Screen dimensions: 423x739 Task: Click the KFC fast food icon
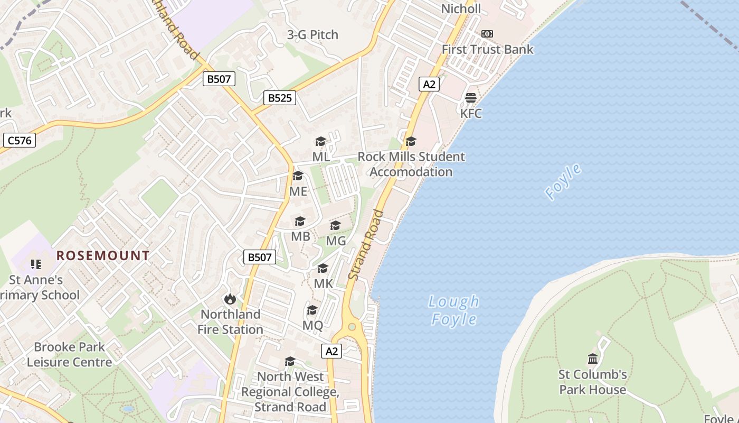[471, 98]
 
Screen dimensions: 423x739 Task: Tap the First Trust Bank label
[487, 50]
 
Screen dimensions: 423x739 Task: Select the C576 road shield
[20, 140]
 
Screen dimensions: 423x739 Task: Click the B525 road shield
[280, 98]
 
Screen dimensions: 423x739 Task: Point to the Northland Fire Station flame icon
[230, 299]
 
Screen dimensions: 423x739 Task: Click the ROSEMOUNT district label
[103, 256]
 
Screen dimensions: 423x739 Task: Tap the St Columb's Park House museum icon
[593, 359]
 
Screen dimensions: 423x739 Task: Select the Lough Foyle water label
[454, 310]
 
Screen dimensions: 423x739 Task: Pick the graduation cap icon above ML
[320, 141]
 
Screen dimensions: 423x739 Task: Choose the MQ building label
[312, 326]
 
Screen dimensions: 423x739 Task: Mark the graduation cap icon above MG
[335, 226]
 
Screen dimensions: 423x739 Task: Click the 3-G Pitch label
[312, 35]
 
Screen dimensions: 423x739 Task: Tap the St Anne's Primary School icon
[36, 264]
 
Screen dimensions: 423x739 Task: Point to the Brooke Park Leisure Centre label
[69, 355]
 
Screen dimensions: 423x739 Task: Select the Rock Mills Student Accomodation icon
[411, 141]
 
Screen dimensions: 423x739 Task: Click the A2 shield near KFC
[429, 84]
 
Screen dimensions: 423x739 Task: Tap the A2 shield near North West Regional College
[331, 351]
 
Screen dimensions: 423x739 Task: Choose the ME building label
[298, 191]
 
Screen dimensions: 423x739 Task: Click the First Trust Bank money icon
[487, 34]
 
